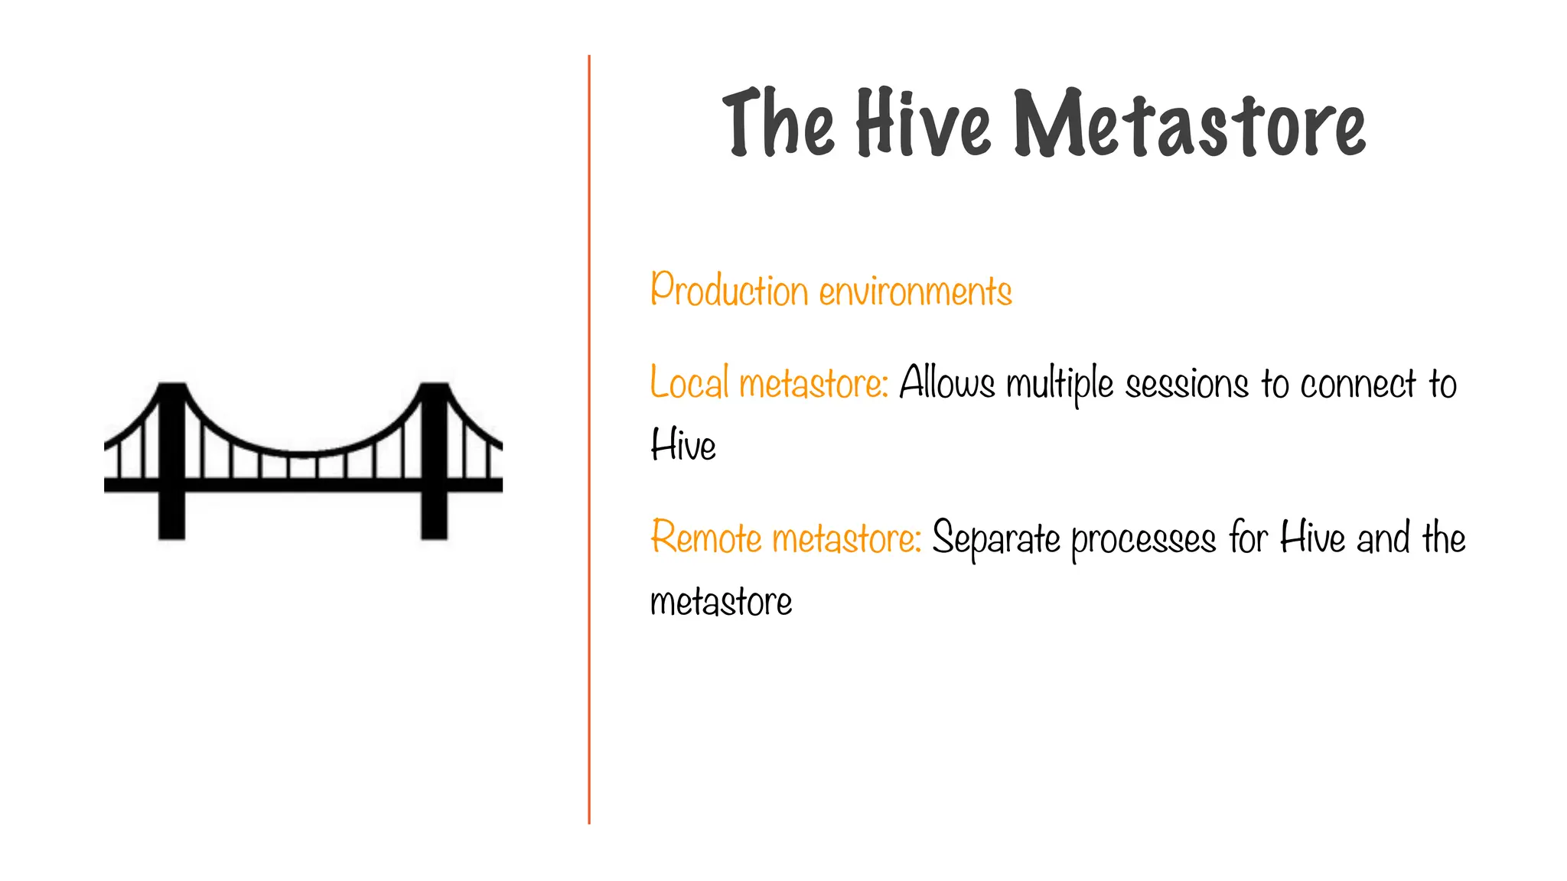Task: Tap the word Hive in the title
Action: coord(923,122)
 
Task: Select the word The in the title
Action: coord(777,122)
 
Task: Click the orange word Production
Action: coord(729,291)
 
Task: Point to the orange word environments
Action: coord(915,292)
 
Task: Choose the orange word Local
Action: coord(689,382)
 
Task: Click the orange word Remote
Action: coord(705,537)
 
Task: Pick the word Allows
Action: coord(946,382)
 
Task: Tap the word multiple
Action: coord(1060,385)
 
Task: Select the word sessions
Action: coord(1187,384)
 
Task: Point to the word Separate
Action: coord(996,538)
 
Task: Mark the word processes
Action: coord(1143,540)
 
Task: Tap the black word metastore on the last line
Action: coord(721,602)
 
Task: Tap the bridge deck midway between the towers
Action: coord(303,484)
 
